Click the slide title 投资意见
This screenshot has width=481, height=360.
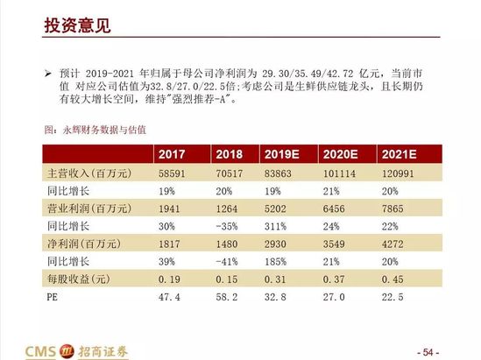click(77, 25)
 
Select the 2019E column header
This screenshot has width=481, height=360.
click(281, 154)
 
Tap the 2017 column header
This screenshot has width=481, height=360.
click(172, 154)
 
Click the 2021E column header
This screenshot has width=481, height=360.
click(400, 154)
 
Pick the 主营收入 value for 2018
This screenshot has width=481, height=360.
click(230, 173)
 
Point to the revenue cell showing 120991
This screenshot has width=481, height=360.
click(398, 173)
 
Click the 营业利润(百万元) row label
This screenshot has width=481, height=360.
click(89, 208)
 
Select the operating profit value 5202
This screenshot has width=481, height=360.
click(275, 208)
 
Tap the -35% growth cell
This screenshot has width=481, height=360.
click(227, 227)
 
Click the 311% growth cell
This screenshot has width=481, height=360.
click(275, 227)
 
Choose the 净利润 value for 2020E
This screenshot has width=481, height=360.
click(334, 244)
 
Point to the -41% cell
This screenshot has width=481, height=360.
click(227, 262)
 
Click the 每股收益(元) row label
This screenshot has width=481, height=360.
click(79, 279)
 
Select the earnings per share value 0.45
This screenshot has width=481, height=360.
click(393, 279)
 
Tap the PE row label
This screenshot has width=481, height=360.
click(53, 297)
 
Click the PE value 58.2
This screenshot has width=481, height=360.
click(227, 297)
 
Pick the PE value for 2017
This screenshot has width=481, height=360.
click(169, 297)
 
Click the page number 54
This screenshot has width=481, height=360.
click(428, 352)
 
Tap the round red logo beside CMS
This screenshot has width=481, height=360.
click(67, 351)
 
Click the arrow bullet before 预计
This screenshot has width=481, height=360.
click(48, 74)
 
